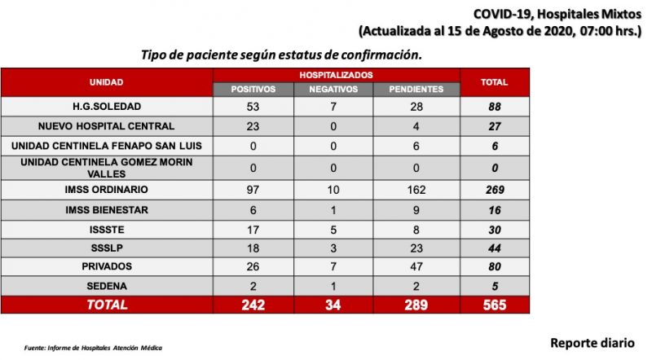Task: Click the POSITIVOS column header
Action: [x=253, y=90]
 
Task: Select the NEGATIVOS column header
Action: [x=333, y=90]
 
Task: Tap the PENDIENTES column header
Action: [x=416, y=90]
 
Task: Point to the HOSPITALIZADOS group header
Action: [x=336, y=75]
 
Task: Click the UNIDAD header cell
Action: [x=107, y=82]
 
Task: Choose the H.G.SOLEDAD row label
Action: [x=107, y=107]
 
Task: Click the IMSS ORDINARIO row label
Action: [x=107, y=190]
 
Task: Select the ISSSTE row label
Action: [x=107, y=230]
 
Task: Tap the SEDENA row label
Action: [x=107, y=286]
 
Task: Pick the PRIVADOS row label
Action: [x=107, y=266]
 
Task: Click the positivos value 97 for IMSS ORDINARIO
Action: [x=253, y=190]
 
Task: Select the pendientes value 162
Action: [x=416, y=190]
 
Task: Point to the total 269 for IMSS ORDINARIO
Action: [x=495, y=190]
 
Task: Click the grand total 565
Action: [x=495, y=305]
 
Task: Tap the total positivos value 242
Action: [x=253, y=305]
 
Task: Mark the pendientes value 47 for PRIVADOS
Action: [x=416, y=266]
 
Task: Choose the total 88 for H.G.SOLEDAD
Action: [x=495, y=107]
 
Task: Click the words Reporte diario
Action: [x=593, y=343]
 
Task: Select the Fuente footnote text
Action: [x=93, y=348]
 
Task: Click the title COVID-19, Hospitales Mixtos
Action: [x=557, y=14]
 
